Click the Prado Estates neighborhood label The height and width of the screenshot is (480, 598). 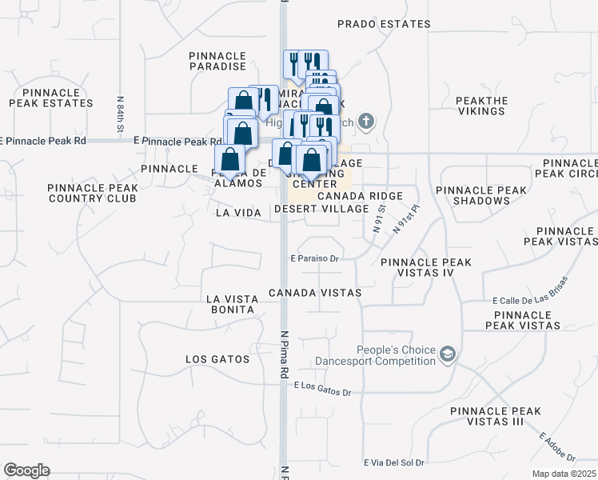[384, 24]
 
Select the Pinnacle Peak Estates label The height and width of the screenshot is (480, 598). [51, 98]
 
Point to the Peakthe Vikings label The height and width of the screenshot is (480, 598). [482, 106]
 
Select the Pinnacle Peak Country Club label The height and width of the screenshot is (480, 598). [93, 193]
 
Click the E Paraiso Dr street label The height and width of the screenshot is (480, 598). [316, 258]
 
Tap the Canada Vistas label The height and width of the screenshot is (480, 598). [315, 293]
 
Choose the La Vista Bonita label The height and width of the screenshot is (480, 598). [230, 304]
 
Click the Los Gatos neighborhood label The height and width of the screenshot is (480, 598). [213, 359]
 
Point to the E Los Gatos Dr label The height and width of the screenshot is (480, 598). [323, 389]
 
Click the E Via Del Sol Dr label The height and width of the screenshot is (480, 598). [393, 462]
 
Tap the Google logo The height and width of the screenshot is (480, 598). [26, 470]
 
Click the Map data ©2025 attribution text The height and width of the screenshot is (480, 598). [564, 474]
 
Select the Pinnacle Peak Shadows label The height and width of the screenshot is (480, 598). [481, 195]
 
